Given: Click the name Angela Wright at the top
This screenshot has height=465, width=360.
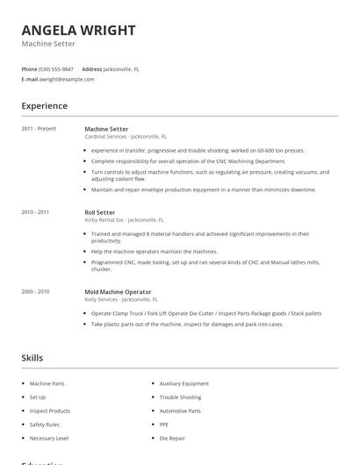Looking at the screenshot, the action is coord(78,31).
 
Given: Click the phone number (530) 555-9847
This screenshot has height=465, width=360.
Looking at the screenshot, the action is coord(57,68).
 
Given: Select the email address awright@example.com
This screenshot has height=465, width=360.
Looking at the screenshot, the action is coord(67,79).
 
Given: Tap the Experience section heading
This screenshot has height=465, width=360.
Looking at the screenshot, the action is coord(44,106).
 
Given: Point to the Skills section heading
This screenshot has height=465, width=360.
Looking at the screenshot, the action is coord(32,358).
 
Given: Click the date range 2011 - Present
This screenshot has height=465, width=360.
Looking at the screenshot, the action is coord(39,129).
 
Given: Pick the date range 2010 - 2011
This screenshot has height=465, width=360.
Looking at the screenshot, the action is coord(35,212).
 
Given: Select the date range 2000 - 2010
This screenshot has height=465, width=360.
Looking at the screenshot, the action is coord(35,291).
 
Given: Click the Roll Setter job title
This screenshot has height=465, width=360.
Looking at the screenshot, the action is coord(99,212).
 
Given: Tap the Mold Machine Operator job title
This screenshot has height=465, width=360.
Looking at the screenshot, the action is coord(118,291).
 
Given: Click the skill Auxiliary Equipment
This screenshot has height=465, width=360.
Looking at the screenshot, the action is coord(184,383).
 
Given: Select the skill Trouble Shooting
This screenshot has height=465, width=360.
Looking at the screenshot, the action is coord(180,397).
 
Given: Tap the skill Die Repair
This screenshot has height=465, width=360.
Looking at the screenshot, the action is coord(172,438).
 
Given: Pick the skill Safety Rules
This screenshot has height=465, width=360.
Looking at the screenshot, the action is coord(44,425).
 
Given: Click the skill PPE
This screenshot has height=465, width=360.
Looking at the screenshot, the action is coord(164,425).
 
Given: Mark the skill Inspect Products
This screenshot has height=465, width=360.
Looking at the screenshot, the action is coord(49,411).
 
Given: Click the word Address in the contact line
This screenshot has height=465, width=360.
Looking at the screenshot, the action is coord(91,68).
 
